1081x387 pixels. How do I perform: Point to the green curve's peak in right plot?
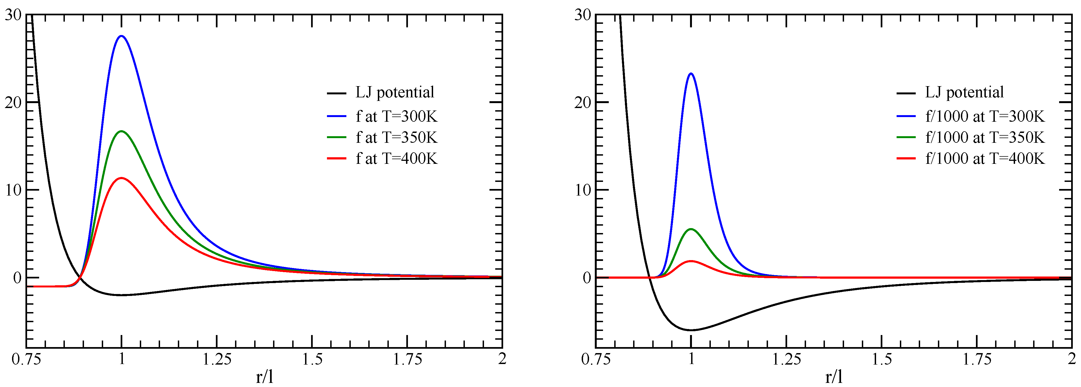pos(691,229)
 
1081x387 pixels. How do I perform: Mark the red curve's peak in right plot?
pos(691,261)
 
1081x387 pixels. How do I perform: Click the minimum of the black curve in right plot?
pos(691,330)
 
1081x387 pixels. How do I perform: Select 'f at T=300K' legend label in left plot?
pos(396,117)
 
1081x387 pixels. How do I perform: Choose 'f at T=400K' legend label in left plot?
pos(396,158)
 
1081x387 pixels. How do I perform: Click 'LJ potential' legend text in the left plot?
pos(395,92)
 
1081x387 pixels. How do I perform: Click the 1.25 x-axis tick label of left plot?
pos(217,359)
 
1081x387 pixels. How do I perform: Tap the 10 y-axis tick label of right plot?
pos(582,190)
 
